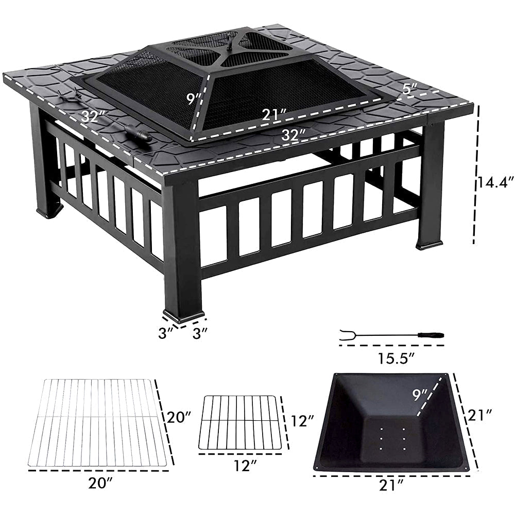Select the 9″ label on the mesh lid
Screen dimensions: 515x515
click(194, 98)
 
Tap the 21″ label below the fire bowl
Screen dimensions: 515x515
click(390, 484)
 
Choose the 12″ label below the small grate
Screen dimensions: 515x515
click(244, 466)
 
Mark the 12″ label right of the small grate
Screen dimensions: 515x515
click(301, 421)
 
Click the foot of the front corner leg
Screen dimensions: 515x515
click(183, 315)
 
